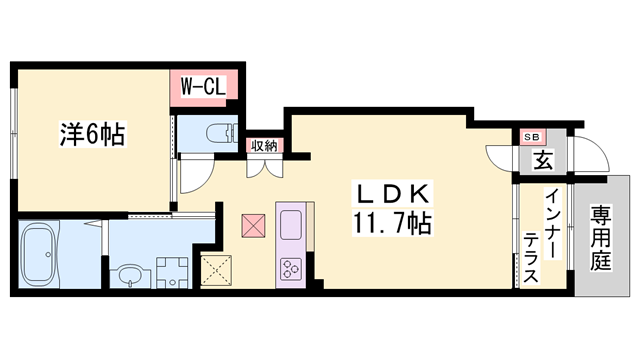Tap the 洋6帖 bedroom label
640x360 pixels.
(x=91, y=134)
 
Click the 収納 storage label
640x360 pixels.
(x=264, y=146)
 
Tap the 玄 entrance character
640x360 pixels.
(x=541, y=160)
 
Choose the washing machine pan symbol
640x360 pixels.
(x=171, y=271)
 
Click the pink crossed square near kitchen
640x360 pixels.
(x=253, y=225)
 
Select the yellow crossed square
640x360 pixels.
(x=217, y=268)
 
